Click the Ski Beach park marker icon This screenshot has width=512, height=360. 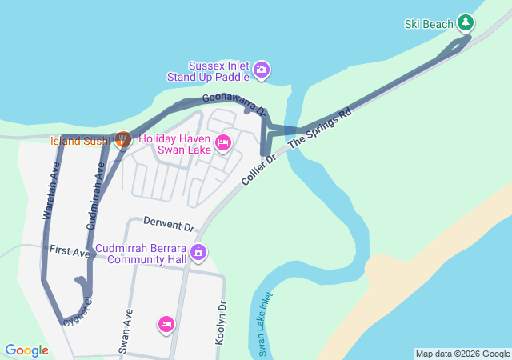(x=466, y=23)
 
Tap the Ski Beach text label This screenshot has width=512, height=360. (x=429, y=24)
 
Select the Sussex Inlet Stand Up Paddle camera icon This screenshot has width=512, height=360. (x=262, y=71)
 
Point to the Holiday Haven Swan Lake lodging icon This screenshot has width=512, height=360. (x=223, y=143)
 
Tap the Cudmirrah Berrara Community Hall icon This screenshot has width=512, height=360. (x=199, y=254)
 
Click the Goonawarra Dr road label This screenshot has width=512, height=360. (x=233, y=104)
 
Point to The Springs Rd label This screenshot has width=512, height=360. (x=320, y=127)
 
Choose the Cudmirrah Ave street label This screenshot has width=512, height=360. (x=95, y=194)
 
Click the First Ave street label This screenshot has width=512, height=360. (x=70, y=252)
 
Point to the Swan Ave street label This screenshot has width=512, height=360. (x=126, y=331)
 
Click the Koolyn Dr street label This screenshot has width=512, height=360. (x=222, y=322)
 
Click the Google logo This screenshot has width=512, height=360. (x=26, y=350)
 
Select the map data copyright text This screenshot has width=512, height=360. (x=462, y=354)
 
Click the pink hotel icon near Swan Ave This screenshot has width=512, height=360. (x=166, y=323)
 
